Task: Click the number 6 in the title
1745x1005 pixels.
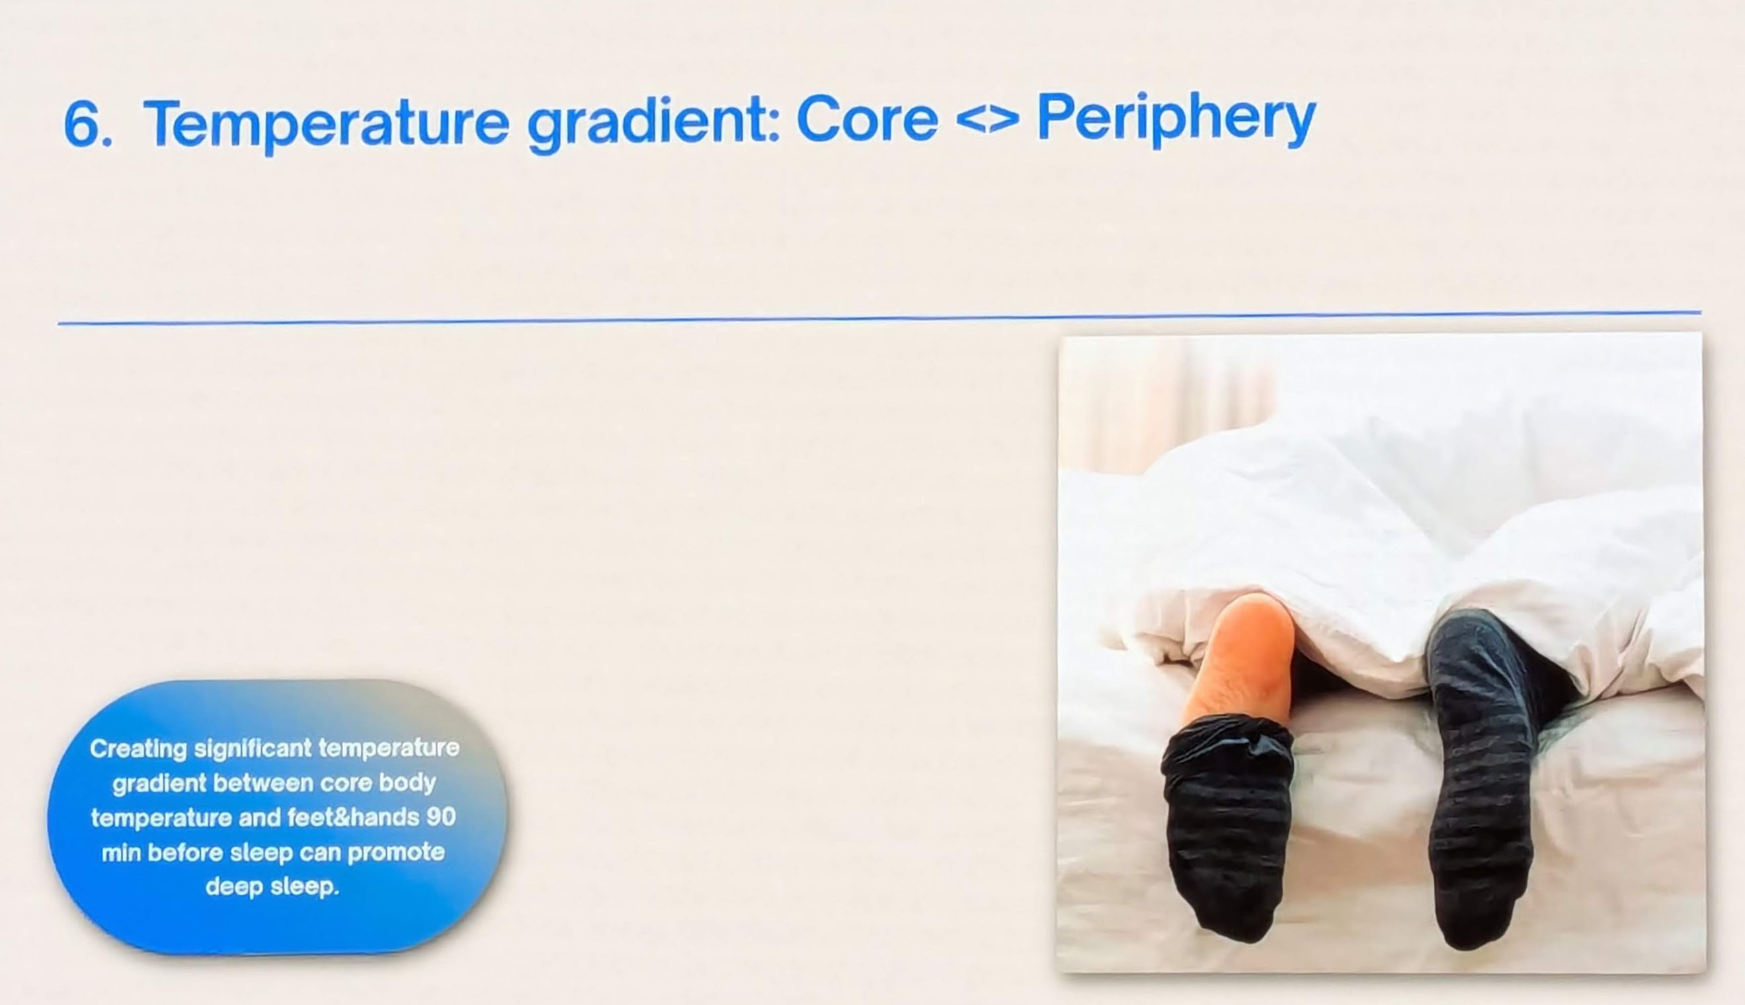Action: [87, 124]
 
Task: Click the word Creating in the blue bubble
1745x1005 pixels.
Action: [138, 749]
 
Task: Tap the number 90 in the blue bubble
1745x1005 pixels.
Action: [440, 817]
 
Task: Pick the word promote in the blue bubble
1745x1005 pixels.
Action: [395, 853]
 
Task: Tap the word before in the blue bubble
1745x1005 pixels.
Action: [185, 853]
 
